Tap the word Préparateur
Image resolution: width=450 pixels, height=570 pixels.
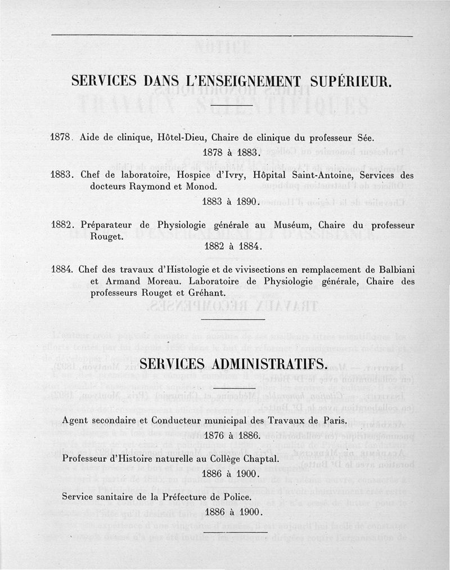point(106,225)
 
